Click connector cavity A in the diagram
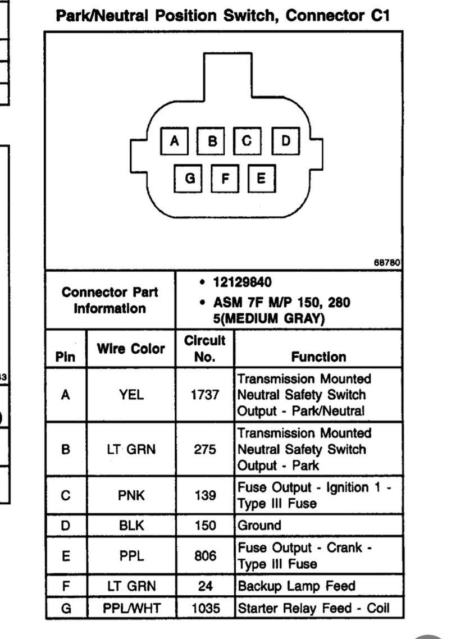(x=175, y=141)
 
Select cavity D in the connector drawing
(x=286, y=141)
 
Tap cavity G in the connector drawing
(x=188, y=178)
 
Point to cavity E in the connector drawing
(x=262, y=178)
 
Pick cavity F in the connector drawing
(x=225, y=178)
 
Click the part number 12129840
(x=242, y=282)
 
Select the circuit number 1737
(x=205, y=395)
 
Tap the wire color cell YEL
(x=131, y=395)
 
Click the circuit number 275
(x=205, y=449)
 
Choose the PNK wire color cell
(x=131, y=495)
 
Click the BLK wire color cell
(x=131, y=526)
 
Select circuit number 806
(x=205, y=555)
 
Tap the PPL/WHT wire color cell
(x=131, y=608)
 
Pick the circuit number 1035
(x=206, y=608)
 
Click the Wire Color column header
(x=131, y=349)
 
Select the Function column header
(x=318, y=357)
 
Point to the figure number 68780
(x=387, y=262)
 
